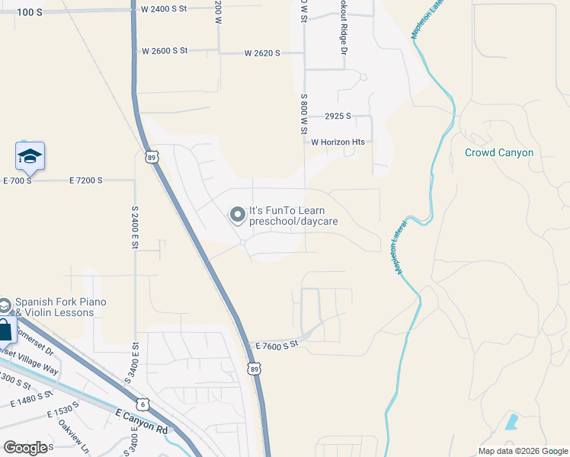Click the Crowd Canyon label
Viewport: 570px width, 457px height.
[x=499, y=152]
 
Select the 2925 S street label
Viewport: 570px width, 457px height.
[x=337, y=117]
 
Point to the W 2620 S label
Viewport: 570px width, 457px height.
[x=262, y=53]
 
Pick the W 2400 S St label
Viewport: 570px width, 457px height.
[x=165, y=10]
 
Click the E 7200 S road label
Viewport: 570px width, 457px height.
[x=92, y=181]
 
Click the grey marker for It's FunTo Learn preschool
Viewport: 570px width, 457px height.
[x=237, y=216]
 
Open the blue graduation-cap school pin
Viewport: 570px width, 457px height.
[x=30, y=156]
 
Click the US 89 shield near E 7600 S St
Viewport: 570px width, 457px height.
[x=255, y=369]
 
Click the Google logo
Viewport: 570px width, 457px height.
[x=25, y=448]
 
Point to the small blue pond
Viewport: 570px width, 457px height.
[x=511, y=421]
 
